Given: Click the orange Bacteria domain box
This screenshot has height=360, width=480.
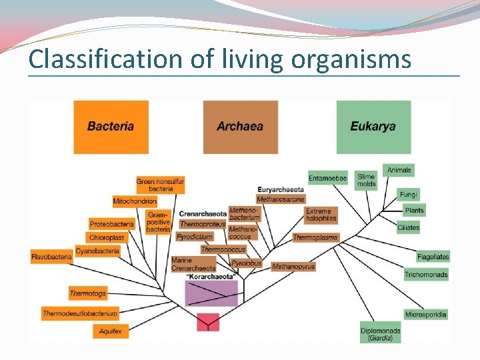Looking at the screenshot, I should pos(111,127).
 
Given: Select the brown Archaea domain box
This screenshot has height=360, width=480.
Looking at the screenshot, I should pos(240,127).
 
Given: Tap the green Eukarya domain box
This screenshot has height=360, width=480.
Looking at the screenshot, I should pos(373,127).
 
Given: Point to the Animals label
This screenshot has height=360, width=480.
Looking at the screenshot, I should pos(399,171).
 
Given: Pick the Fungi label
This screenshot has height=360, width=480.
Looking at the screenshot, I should pos(409,195).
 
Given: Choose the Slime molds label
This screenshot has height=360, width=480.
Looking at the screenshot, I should pos(367,181).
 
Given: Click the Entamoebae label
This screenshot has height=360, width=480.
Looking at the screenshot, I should pos(328,178).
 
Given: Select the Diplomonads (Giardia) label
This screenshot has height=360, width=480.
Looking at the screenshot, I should pos(381,335).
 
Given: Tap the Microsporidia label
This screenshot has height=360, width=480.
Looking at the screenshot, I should pos(426,315).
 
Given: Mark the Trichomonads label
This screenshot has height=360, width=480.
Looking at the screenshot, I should pos(426,275).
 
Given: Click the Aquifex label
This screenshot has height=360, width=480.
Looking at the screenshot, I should pos(110,331).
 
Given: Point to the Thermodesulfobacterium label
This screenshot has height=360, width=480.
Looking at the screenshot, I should pos(80,313).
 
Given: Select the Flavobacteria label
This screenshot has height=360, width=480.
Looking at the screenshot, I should pos(51,257).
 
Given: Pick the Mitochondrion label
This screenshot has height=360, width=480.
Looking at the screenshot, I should pos(135,201).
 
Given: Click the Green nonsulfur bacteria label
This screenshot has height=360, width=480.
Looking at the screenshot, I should pos(161,185).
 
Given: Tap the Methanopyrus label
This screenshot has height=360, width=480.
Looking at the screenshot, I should pos(293,267).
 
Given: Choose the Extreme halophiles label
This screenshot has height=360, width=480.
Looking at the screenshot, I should pos(321,215).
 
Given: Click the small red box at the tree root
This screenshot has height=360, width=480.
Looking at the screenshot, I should pos(208,323).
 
